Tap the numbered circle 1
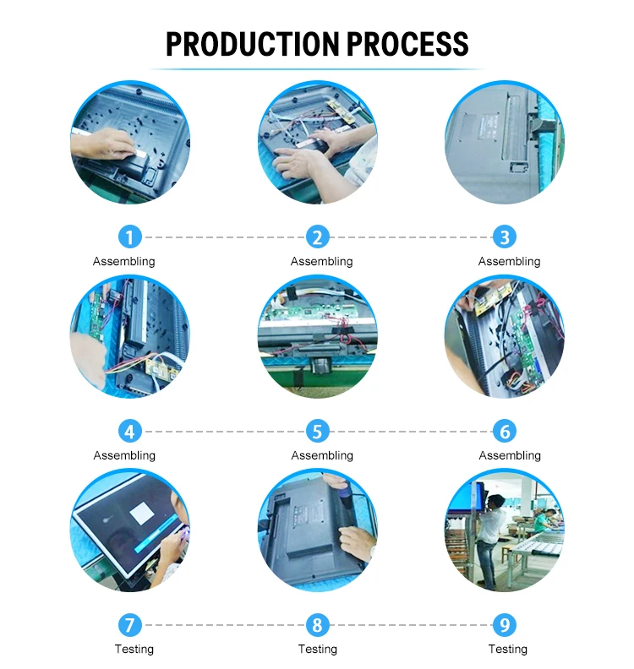129,237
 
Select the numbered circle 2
317,237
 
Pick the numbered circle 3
505,237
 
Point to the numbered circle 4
129,432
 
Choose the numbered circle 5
317,432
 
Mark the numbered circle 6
505,432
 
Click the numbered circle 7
129,626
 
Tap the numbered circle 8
317,626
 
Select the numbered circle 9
505,626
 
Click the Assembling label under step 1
124,261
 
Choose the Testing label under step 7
134,649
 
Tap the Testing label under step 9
508,649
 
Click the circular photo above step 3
505,144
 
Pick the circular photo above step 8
317,530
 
